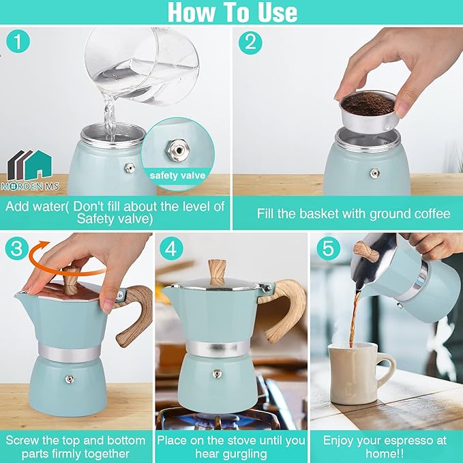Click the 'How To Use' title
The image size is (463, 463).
232,12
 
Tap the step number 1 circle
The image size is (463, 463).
18,42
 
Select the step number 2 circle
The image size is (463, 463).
250,42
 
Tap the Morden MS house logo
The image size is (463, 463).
29,166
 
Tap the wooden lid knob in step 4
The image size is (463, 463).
217,271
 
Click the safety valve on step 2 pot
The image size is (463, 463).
374,173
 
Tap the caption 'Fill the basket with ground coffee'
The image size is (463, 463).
353,213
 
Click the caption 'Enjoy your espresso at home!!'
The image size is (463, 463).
385,447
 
